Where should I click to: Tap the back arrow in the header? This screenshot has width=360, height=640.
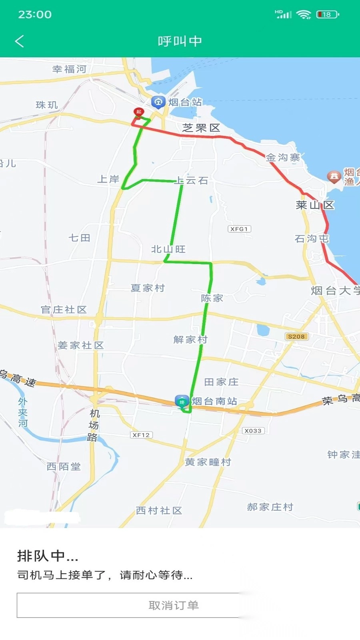[x=19, y=41]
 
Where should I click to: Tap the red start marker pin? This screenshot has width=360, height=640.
[x=138, y=112]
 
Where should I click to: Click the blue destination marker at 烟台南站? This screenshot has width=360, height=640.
[x=182, y=401]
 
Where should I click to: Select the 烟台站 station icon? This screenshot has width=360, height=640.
[x=158, y=102]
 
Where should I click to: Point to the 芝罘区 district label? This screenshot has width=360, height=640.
[x=201, y=128]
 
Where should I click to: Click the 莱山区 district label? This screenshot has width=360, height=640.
[x=315, y=205]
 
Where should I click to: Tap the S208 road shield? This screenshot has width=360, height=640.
[x=296, y=336]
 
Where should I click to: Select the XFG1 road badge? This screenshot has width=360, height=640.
[x=239, y=229]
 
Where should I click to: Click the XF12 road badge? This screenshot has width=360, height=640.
[x=141, y=435]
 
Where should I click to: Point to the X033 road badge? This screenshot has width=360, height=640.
[x=253, y=430]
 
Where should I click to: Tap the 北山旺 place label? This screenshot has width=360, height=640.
[x=168, y=249]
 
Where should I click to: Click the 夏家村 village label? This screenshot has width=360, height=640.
[x=148, y=288]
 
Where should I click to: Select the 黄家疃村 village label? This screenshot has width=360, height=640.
[x=208, y=462]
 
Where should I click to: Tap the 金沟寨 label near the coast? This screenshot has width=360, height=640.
[x=283, y=158]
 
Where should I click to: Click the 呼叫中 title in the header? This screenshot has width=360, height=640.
[x=180, y=41]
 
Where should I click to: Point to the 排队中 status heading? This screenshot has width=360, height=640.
[x=48, y=556]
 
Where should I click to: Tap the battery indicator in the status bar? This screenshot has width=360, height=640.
[x=327, y=15]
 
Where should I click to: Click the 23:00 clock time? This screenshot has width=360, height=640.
[x=35, y=15]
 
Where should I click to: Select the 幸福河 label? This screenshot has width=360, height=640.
[x=69, y=69]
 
